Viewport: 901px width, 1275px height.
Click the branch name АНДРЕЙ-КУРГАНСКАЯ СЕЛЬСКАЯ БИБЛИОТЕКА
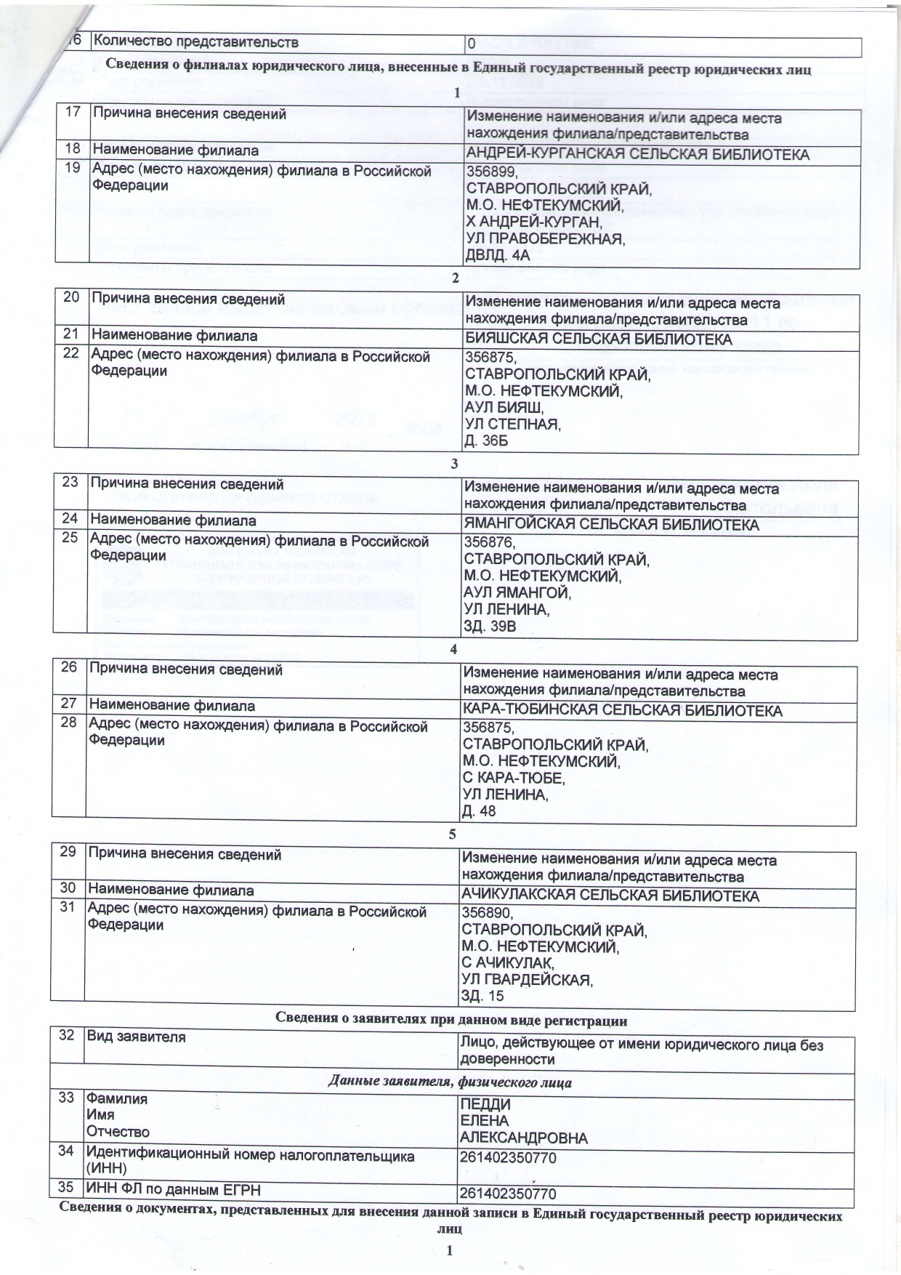pyautogui.click(x=637, y=155)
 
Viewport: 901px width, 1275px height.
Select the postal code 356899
pyautogui.click(x=492, y=172)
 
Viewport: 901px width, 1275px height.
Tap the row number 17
pyautogui.click(x=73, y=113)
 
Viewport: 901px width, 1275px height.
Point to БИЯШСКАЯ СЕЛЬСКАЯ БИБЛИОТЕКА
pyautogui.click(x=598, y=340)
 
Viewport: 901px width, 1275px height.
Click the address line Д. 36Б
pyautogui.click(x=487, y=441)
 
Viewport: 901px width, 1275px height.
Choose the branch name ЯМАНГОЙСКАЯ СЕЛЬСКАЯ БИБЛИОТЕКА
pyautogui.click(x=612, y=525)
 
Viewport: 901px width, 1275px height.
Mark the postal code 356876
pyautogui.click(x=490, y=542)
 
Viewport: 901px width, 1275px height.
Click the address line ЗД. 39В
pyautogui.click(x=490, y=626)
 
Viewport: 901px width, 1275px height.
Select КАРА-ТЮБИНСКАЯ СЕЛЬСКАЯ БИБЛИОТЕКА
pyautogui.click(x=623, y=710)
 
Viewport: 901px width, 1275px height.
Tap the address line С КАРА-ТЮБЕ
pyautogui.click(x=514, y=778)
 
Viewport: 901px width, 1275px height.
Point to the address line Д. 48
pyautogui.click(x=480, y=811)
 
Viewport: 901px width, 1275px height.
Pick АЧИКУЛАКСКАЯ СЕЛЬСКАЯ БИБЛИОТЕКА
pyautogui.click(x=610, y=896)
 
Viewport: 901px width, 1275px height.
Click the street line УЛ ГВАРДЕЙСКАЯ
pyautogui.click(x=528, y=979)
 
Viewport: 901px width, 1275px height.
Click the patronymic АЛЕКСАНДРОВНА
pyautogui.click(x=524, y=1138)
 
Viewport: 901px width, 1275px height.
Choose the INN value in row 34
pyautogui.click(x=508, y=1157)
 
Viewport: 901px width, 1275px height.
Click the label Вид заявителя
pyautogui.click(x=136, y=1037)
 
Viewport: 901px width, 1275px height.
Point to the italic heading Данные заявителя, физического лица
pyautogui.click(x=450, y=1082)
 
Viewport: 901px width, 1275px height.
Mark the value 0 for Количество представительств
pyautogui.click(x=472, y=44)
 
